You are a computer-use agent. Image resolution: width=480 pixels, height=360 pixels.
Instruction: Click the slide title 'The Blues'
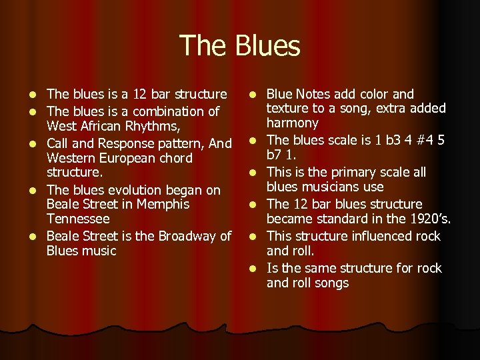tap(240, 46)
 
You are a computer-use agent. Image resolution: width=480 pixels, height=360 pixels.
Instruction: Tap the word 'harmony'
tap(293, 123)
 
